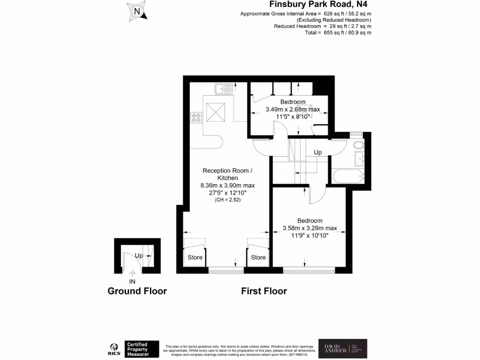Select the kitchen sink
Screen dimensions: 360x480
pos(224,88)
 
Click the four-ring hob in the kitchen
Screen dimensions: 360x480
pos(196,117)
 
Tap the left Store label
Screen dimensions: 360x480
pos(195,257)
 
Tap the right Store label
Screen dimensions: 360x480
pos(258,257)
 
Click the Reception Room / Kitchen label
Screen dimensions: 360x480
pos(221,174)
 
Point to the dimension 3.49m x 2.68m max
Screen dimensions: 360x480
pos(292,109)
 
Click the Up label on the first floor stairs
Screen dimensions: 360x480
pos(318,153)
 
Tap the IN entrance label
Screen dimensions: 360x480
pos(132,281)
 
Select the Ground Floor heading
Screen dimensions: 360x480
pos(137,291)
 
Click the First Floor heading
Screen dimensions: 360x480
pos(264,291)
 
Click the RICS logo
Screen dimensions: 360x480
pos(114,349)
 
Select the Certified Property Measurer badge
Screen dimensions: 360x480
pos(142,349)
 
